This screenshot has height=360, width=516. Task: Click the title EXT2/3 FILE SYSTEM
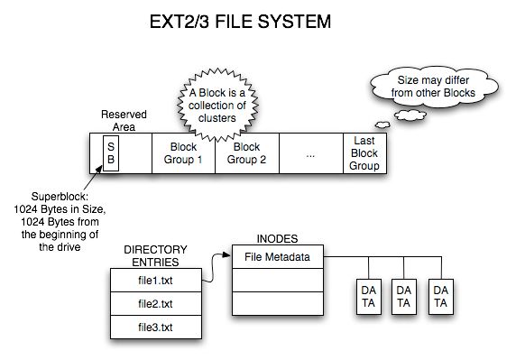[x=257, y=21]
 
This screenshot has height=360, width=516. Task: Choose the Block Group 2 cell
[x=246, y=154]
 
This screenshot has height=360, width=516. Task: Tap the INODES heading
[x=277, y=238]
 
